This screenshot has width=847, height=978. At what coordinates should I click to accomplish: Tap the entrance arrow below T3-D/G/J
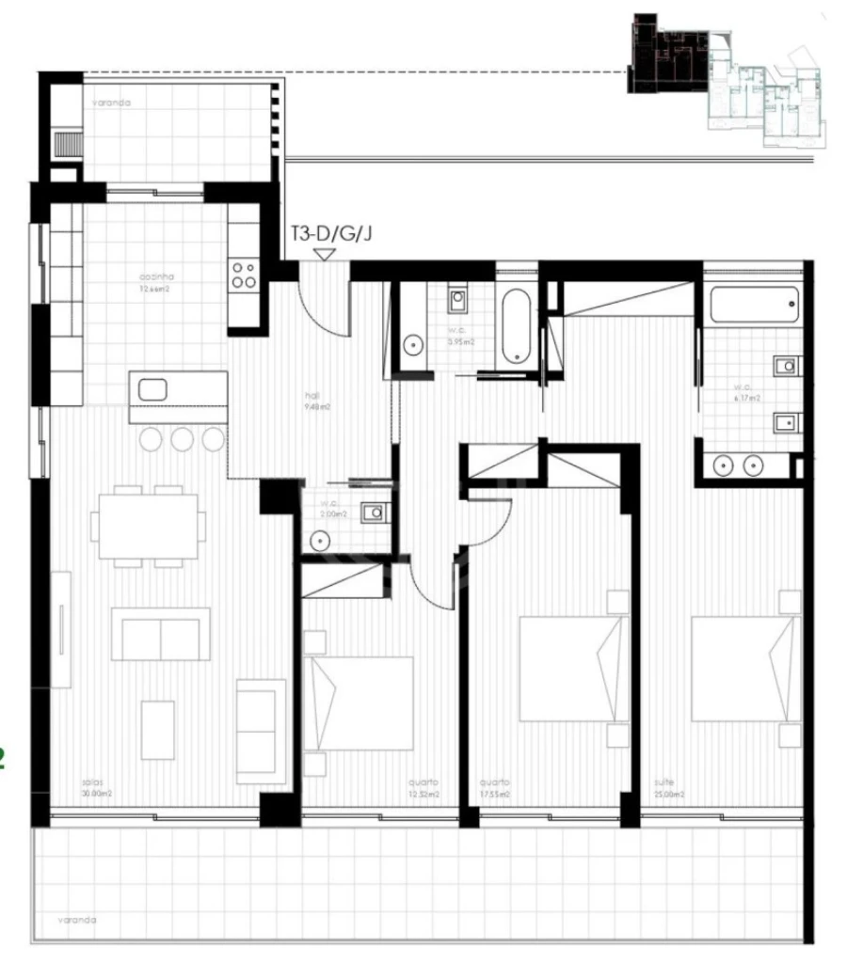[325, 254]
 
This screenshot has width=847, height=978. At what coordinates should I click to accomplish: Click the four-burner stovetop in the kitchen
[243, 274]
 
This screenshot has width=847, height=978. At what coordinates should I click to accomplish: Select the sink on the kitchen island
[152, 388]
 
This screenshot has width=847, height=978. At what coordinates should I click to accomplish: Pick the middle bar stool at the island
[182, 438]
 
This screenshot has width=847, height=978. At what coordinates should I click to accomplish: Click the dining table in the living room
[149, 525]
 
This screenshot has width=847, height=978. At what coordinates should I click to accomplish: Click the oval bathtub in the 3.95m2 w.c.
[516, 326]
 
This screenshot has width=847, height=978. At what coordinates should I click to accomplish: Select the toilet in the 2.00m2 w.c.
[375, 513]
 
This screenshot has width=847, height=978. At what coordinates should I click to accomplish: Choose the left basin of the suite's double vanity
[724, 465]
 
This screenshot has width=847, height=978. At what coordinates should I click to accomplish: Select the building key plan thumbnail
[726, 85]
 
